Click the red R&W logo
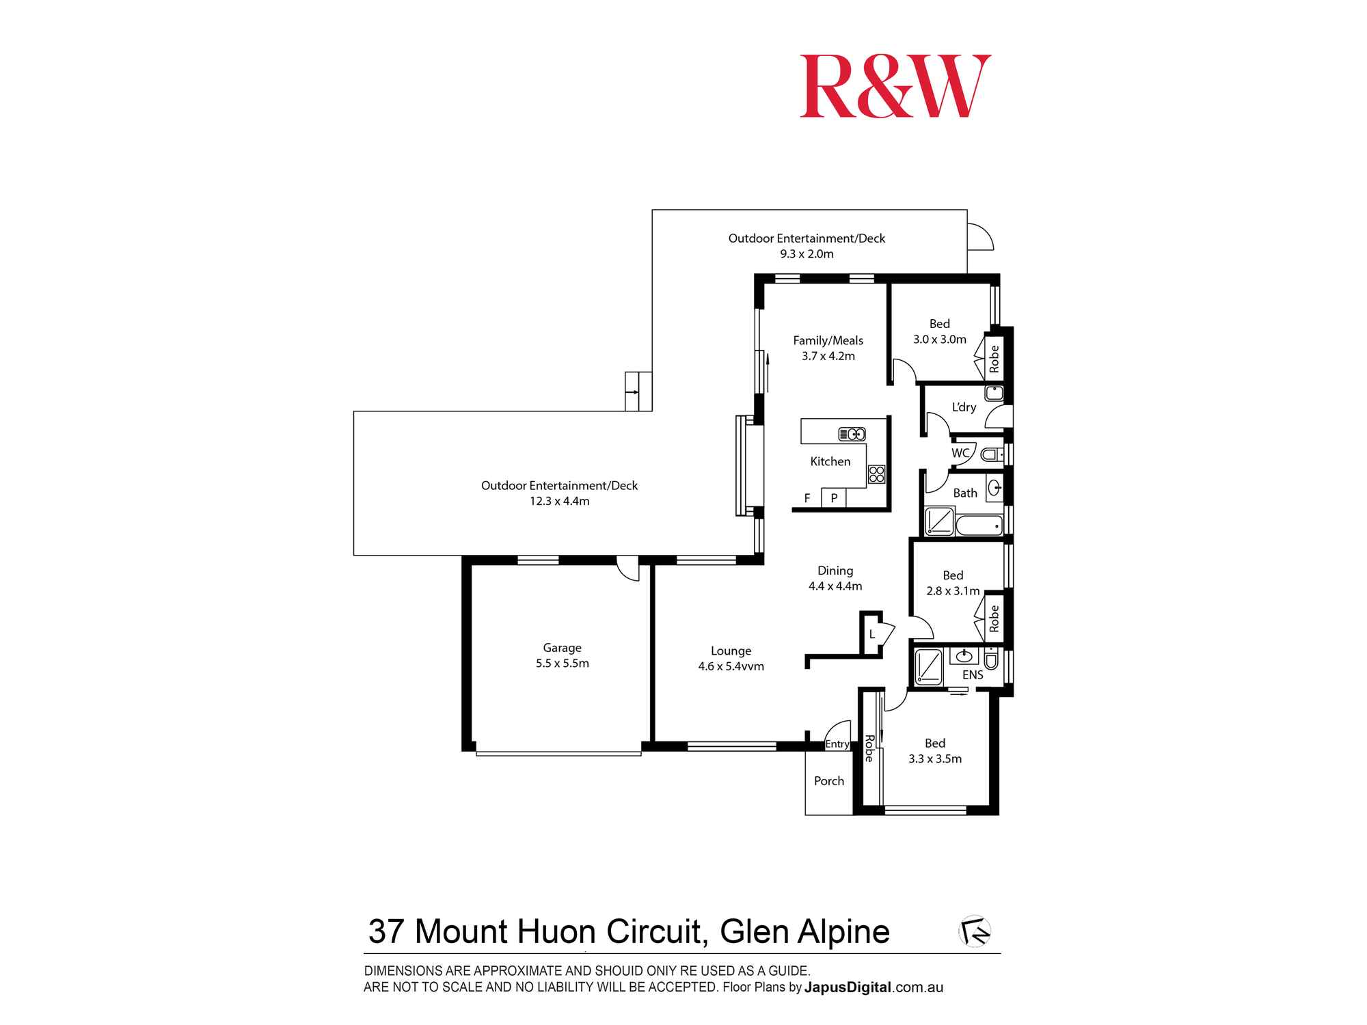(x=895, y=87)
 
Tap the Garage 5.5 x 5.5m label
(x=562, y=655)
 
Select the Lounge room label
(x=731, y=651)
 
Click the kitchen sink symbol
(x=852, y=434)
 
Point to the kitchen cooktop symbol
(x=876, y=474)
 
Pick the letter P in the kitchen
(x=834, y=498)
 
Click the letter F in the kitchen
(x=807, y=498)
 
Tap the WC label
(x=960, y=453)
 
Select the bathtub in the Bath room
(x=979, y=525)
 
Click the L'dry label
(x=964, y=407)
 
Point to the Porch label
(x=828, y=781)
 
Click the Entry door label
(x=837, y=744)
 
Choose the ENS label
(x=972, y=675)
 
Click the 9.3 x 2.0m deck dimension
(x=807, y=254)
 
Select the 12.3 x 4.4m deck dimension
(x=559, y=502)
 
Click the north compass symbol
(x=975, y=931)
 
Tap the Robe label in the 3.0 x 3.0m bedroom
(x=994, y=359)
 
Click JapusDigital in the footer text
(x=848, y=987)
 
